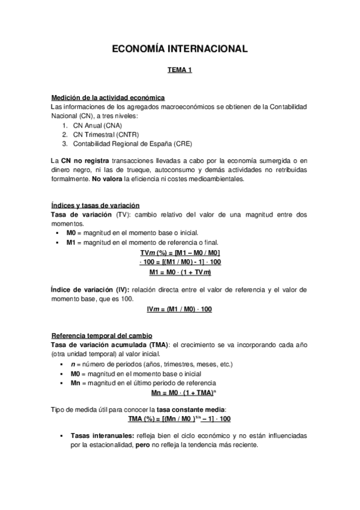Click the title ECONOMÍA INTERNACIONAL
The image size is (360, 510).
point(180,50)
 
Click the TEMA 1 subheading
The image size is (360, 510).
point(180,71)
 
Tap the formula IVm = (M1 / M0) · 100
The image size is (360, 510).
point(180,309)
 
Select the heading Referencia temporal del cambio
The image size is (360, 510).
point(102,335)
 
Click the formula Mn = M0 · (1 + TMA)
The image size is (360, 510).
point(180,393)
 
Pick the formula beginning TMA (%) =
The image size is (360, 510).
point(180,419)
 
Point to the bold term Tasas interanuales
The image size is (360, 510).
point(102,435)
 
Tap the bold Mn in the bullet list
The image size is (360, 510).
point(76,383)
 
